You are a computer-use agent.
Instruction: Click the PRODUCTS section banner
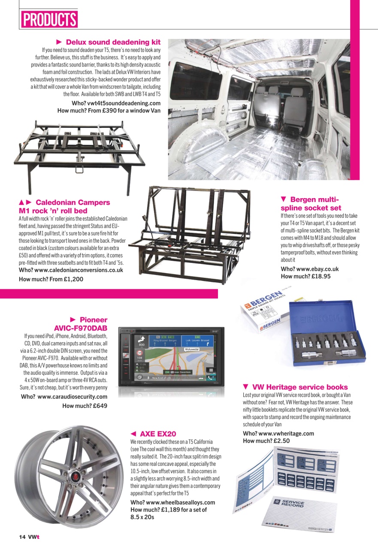(49, 19)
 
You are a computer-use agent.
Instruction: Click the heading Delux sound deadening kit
(113, 42)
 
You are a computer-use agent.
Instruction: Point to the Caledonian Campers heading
(73, 202)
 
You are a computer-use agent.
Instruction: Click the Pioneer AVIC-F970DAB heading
(81, 324)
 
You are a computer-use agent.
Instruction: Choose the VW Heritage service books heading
(300, 387)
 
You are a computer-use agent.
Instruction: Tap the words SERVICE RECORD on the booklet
(293, 504)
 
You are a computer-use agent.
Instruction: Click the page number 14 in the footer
(22, 537)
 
